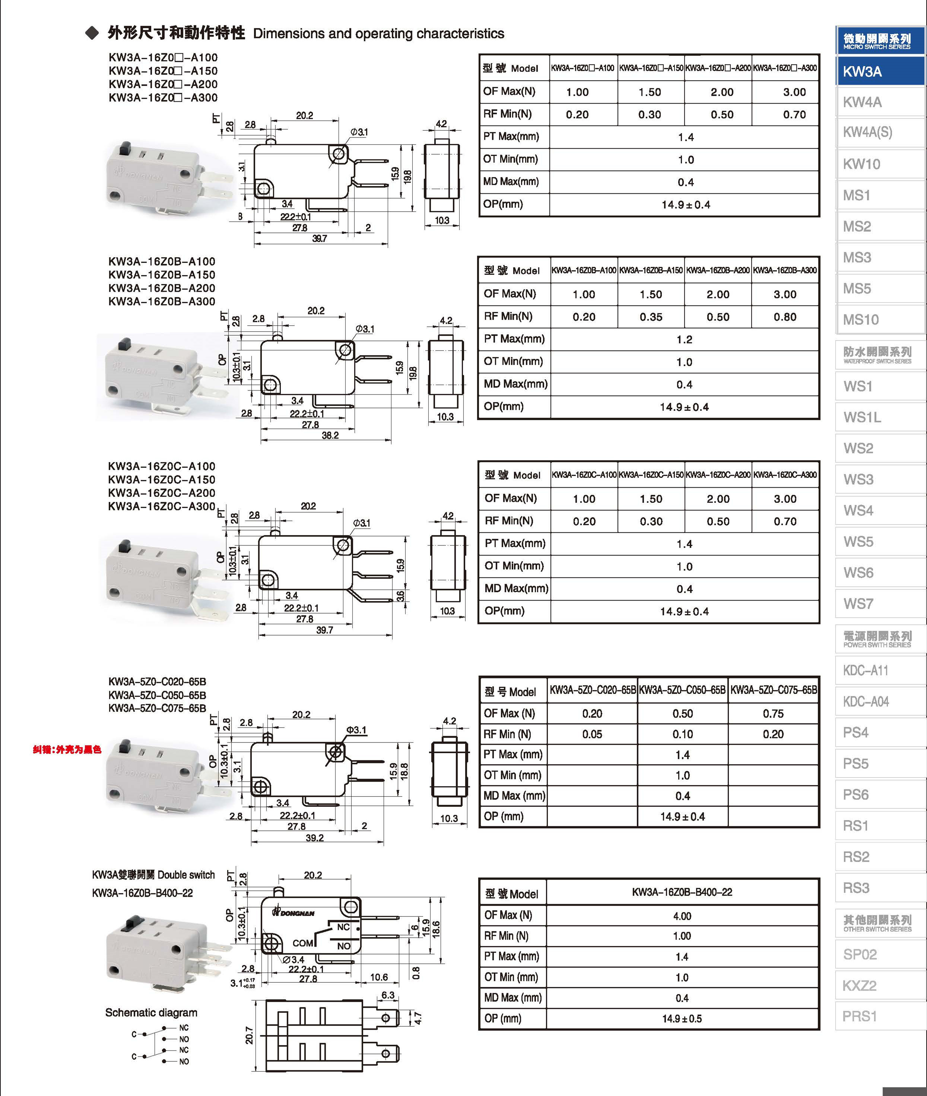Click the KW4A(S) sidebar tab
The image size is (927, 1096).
pos(868,133)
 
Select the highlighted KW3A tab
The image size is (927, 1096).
pos(862,72)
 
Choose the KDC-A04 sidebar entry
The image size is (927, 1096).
pos(866,701)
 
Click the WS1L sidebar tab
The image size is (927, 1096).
pos(862,417)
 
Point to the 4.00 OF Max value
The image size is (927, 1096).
pos(682,916)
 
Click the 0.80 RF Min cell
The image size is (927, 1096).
pos(785,317)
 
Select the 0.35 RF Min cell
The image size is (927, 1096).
pos(651,317)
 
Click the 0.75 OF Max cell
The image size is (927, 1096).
pos(773,713)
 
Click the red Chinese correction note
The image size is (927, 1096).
pos(67,750)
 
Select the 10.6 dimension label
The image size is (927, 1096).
pos(379,977)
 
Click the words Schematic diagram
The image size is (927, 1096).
pos(151,1013)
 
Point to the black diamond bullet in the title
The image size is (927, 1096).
pos(92,33)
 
